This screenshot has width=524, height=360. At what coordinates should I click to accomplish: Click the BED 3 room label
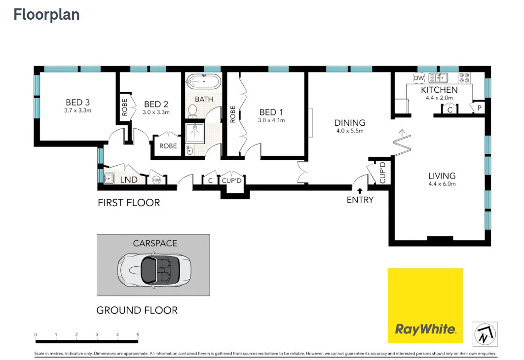[x=77, y=103]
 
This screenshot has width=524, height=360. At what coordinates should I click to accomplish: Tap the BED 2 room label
[x=156, y=104]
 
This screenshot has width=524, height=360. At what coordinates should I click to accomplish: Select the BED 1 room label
[x=271, y=112]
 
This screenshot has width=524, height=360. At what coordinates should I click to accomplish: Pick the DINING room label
[x=349, y=123]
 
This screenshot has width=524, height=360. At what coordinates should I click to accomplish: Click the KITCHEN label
[x=439, y=90]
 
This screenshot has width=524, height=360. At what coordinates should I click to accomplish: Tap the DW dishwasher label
[x=418, y=78]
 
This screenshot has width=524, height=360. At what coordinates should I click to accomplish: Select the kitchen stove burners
[x=465, y=77]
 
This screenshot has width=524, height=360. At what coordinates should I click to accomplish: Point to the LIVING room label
[x=442, y=176]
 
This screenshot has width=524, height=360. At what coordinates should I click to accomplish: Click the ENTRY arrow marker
[x=360, y=190]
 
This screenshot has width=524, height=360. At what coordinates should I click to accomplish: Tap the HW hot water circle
[x=156, y=180]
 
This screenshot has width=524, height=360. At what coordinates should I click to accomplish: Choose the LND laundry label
[x=129, y=180]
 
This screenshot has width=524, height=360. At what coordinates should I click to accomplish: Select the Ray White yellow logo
[x=425, y=305]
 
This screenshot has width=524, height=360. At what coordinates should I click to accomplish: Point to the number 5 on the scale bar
[x=138, y=335]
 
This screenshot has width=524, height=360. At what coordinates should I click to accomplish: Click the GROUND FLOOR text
[x=137, y=310]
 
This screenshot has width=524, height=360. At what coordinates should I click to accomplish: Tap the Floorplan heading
[x=46, y=15]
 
